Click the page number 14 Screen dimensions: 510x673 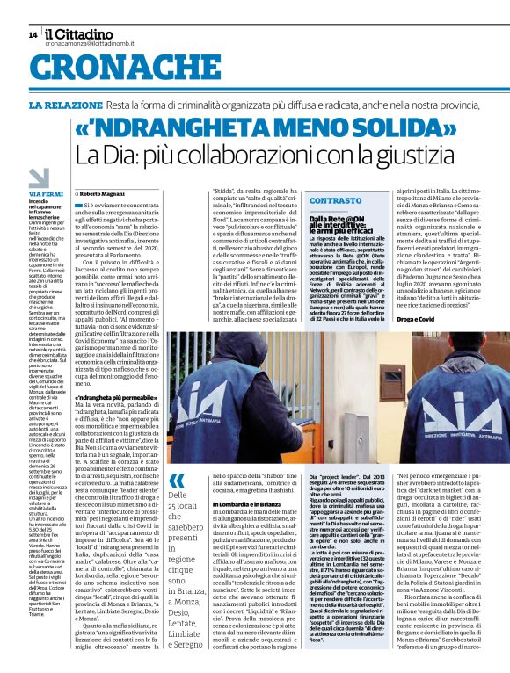[33, 34]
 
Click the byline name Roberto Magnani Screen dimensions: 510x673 [106, 192]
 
